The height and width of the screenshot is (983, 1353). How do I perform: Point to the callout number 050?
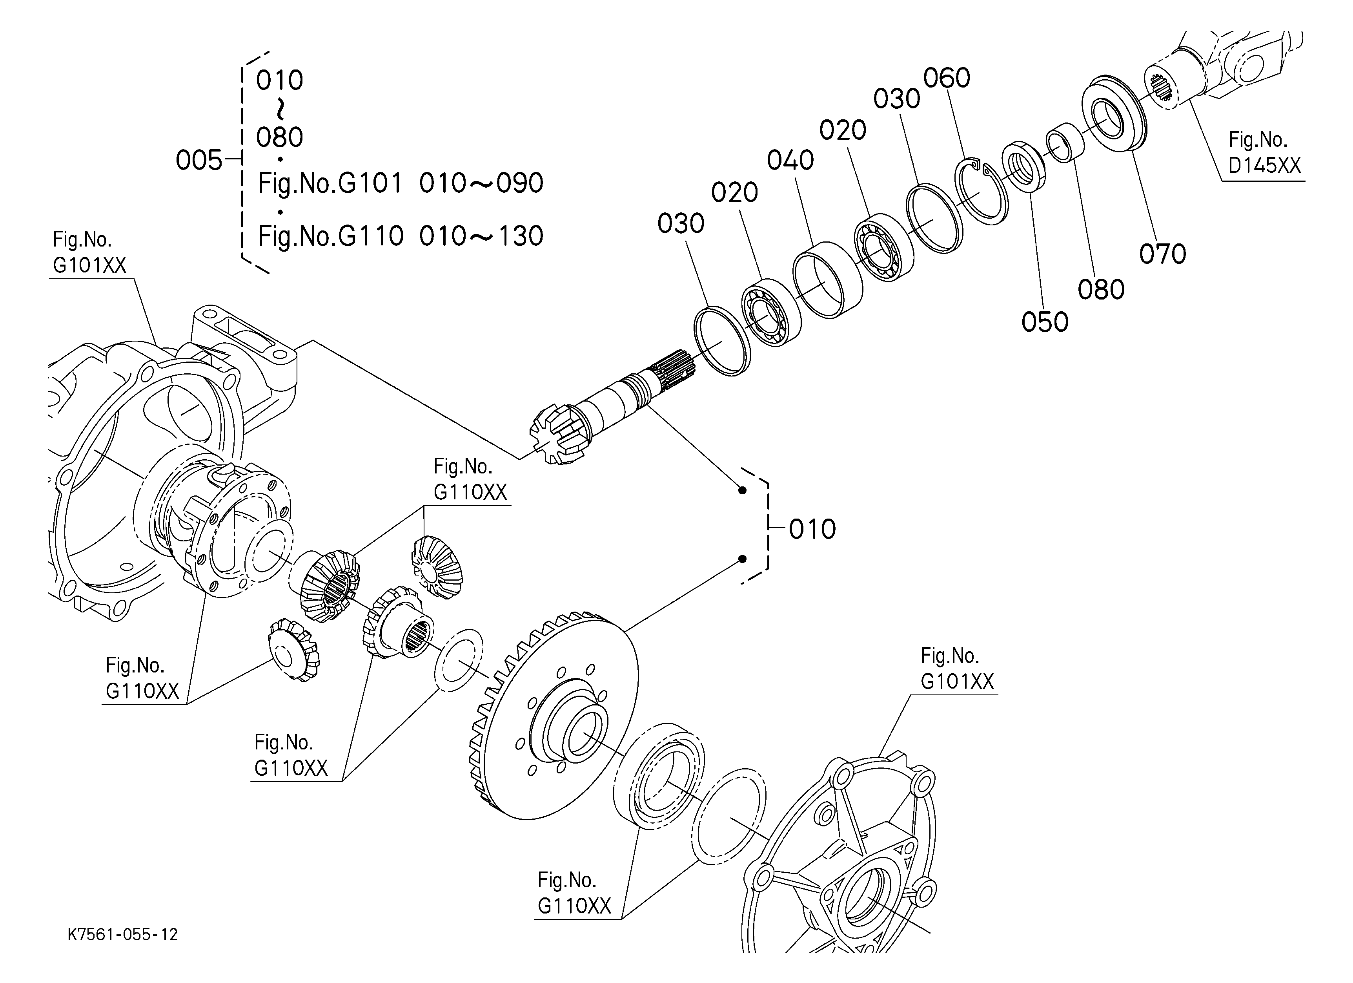[x=1045, y=322]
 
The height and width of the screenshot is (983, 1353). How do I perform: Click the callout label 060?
[x=947, y=78]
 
